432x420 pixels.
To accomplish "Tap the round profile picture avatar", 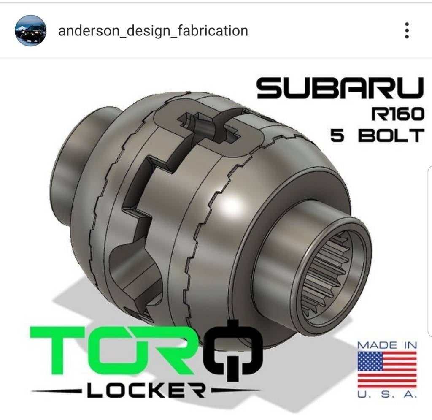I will click(x=30, y=30).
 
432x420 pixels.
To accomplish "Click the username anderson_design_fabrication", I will click(x=153, y=30).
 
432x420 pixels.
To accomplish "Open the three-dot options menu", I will click(x=407, y=30).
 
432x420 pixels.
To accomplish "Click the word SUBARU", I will click(x=340, y=88).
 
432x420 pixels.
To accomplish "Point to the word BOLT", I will click(x=390, y=136).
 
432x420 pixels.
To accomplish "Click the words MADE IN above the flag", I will click(x=387, y=345).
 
